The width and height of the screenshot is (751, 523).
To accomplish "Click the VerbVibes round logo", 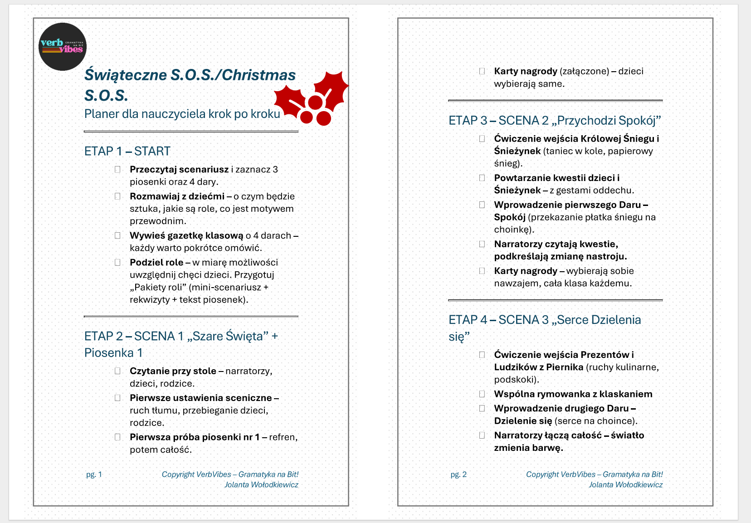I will (x=63, y=47).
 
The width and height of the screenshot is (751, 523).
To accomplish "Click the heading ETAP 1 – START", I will (x=127, y=151).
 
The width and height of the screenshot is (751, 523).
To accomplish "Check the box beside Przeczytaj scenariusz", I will (x=118, y=170).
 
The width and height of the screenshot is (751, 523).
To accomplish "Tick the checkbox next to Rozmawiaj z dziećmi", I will (x=118, y=196).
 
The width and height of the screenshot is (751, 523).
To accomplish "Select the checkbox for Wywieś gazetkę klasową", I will (x=118, y=236).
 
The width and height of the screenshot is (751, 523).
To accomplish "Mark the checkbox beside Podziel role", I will (x=118, y=263).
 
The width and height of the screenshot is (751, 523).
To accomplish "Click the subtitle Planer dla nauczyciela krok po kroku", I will (x=182, y=114).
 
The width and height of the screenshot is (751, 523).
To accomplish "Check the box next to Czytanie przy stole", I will (x=118, y=371).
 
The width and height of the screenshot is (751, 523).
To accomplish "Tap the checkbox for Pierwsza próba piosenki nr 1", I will (x=118, y=437).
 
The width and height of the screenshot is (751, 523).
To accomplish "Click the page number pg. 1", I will (x=94, y=474).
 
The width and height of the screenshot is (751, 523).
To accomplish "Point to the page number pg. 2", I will (x=458, y=474).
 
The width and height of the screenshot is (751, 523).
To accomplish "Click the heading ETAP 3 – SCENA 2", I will (x=554, y=121).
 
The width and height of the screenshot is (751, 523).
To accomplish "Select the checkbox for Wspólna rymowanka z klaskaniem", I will (x=482, y=394).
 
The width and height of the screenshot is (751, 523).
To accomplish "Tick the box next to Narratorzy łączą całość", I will (x=482, y=435).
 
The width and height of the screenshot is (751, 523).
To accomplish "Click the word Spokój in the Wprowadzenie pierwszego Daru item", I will (x=510, y=217).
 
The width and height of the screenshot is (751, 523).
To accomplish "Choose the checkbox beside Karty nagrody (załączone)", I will (x=482, y=71).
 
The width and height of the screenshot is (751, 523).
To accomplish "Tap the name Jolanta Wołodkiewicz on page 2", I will (x=625, y=485).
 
